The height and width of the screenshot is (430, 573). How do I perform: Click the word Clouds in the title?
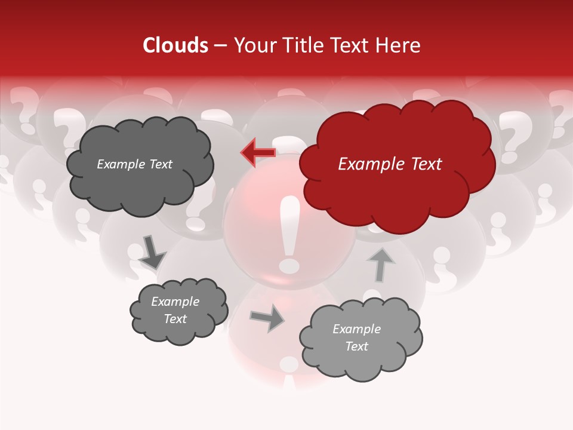tap(175, 45)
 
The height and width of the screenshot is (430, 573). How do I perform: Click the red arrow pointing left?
tap(258, 153)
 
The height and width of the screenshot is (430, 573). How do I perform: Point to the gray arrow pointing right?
tap(267, 318)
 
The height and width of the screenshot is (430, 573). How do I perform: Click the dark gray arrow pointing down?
tap(152, 252)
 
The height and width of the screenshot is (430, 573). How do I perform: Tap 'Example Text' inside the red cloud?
tap(390, 164)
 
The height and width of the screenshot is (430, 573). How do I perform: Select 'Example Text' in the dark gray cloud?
tap(134, 164)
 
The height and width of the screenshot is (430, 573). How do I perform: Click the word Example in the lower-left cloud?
tap(175, 302)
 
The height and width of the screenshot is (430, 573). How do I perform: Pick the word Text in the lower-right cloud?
tap(356, 346)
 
